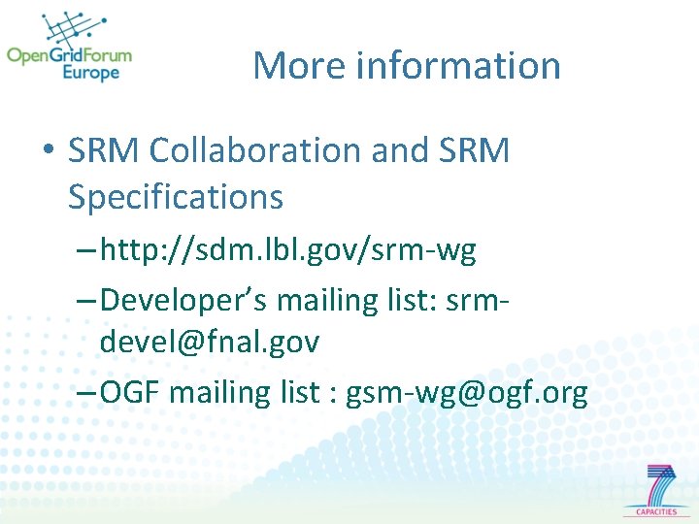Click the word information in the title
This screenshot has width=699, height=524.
(x=458, y=66)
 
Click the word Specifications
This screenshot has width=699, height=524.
(x=175, y=197)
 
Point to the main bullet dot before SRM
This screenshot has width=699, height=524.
(x=47, y=152)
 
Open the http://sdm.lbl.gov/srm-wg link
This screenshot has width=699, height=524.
(x=287, y=251)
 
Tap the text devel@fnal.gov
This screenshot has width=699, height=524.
(x=209, y=342)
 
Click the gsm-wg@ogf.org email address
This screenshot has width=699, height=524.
(x=467, y=393)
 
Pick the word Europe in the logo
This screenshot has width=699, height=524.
(x=91, y=73)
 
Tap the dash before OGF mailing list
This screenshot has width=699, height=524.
(x=84, y=394)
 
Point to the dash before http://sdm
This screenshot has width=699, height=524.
(x=84, y=252)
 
